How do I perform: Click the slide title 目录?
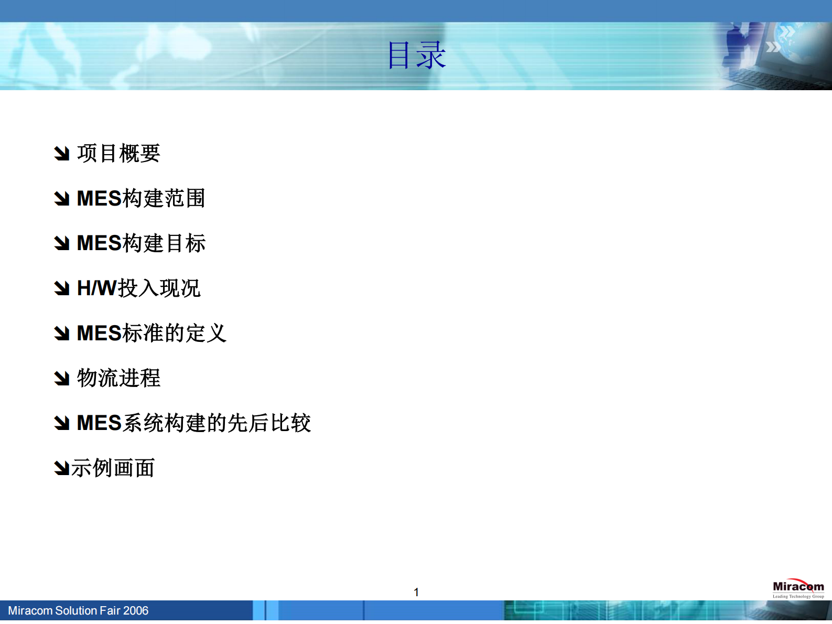(x=416, y=55)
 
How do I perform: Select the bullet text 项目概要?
(x=118, y=153)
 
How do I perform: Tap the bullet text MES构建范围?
(x=141, y=198)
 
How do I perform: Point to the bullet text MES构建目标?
(x=141, y=243)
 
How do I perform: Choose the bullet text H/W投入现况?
(x=138, y=288)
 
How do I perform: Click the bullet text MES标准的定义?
(x=152, y=333)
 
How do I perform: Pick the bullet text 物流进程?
(x=118, y=378)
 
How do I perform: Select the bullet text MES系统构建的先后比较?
(x=193, y=423)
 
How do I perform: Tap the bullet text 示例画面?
(x=113, y=468)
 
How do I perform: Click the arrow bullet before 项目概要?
(x=62, y=153)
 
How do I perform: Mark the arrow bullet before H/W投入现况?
(x=62, y=288)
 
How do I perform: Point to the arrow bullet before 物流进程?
(x=62, y=378)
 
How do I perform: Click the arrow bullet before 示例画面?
(x=62, y=468)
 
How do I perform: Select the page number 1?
(x=416, y=592)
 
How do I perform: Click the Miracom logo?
(x=798, y=588)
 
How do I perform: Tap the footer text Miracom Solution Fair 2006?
(x=78, y=610)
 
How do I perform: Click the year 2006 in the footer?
(x=136, y=610)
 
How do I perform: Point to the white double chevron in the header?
(x=773, y=47)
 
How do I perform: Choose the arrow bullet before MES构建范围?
(x=62, y=198)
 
